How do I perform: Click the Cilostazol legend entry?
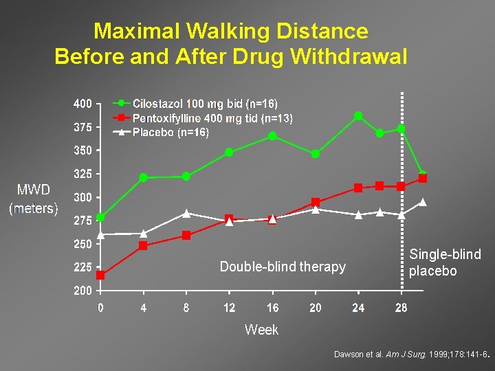tap(205, 104)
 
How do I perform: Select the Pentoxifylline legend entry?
tap(212, 118)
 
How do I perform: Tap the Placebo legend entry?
tap(170, 133)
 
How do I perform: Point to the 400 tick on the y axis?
tap(82, 104)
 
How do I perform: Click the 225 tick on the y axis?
tap(82, 267)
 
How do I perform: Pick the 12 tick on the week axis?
tap(229, 308)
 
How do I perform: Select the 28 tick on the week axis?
tap(401, 308)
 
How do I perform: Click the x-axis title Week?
tap(261, 330)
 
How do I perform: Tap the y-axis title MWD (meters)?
tap(33, 199)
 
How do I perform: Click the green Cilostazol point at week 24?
tap(358, 115)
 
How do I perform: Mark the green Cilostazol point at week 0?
tap(100, 217)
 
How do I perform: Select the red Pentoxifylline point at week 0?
tap(100, 275)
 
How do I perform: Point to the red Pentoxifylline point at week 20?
tap(316, 202)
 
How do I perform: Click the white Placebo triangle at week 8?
tap(186, 213)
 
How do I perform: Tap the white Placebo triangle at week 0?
tap(100, 234)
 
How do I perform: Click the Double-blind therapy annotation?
tap(283, 267)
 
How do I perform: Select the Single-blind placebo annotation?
tap(444, 262)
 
